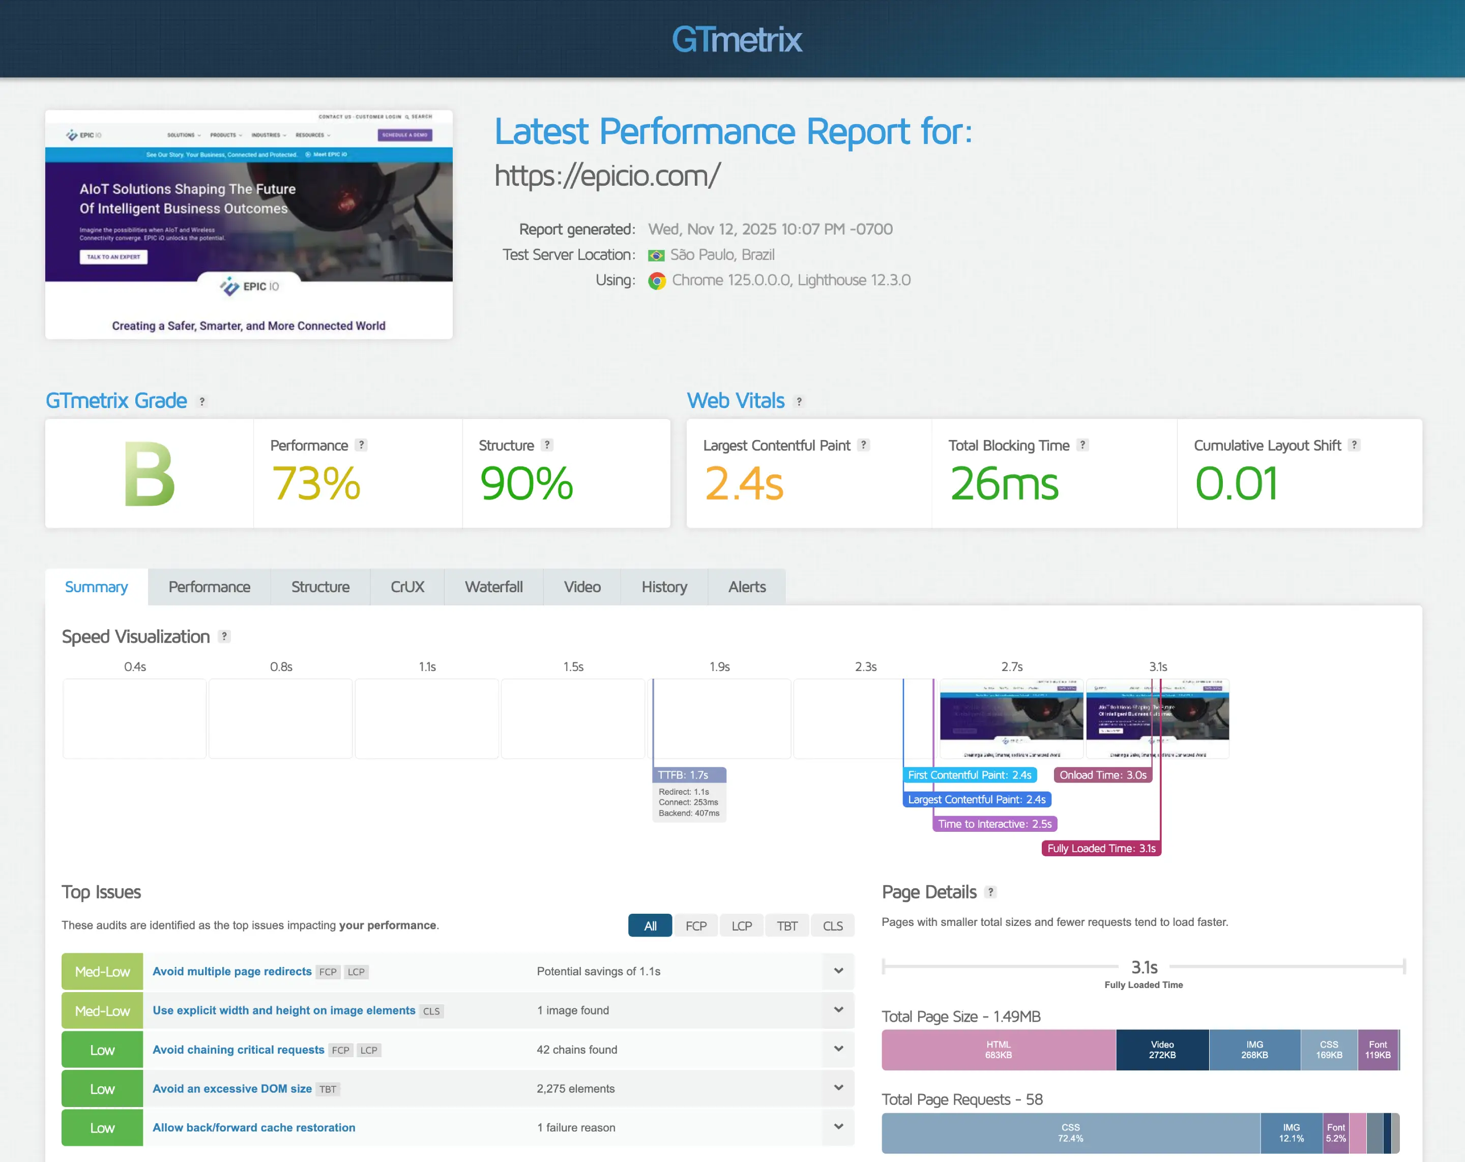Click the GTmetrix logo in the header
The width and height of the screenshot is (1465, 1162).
[x=737, y=39]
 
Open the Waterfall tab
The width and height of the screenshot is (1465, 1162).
[x=493, y=587]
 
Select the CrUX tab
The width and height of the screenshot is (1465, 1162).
[x=407, y=587]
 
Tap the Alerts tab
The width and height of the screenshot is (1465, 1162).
[x=746, y=587]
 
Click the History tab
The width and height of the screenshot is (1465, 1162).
[x=664, y=587]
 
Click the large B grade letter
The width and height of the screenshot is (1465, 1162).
[x=150, y=474]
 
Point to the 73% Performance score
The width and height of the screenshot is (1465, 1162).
[x=316, y=483]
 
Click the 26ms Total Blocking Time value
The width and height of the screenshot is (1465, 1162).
[x=1004, y=483]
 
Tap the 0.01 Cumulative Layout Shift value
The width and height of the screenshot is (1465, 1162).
[x=1236, y=483]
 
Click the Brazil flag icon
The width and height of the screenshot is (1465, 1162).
[x=656, y=255]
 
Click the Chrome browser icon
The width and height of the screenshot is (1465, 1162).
[x=656, y=281]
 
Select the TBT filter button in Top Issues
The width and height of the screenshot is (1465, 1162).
[x=787, y=925]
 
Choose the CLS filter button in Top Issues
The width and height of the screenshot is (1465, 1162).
[x=832, y=925]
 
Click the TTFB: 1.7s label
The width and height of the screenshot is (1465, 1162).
[x=684, y=775]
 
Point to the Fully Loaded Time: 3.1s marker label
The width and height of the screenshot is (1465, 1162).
[x=1101, y=848]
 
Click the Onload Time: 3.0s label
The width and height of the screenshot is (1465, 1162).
[x=1103, y=775]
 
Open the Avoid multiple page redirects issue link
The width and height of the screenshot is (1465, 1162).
[x=232, y=971]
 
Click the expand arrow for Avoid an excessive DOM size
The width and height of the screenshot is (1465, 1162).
[x=838, y=1088]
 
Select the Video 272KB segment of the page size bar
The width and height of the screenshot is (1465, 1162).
[x=1162, y=1050]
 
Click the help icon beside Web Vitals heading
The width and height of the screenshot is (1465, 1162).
[x=799, y=401]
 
